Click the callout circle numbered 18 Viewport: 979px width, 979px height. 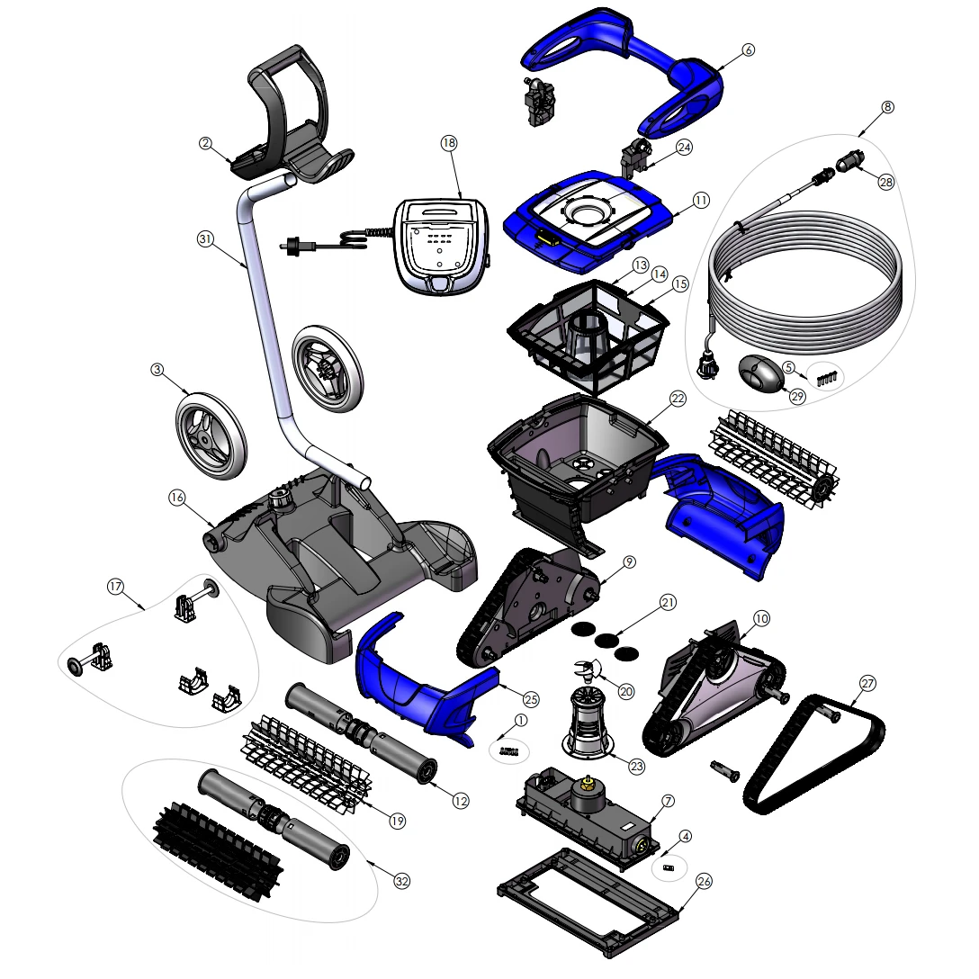pyautogui.click(x=449, y=143)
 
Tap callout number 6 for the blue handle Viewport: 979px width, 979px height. pyautogui.click(x=748, y=50)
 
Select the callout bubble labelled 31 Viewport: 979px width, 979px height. pyautogui.click(x=205, y=239)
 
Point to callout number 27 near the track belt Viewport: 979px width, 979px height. pyautogui.click(x=867, y=683)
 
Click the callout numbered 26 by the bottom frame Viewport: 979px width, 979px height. pyautogui.click(x=704, y=882)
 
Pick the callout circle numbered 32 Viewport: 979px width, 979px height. pyautogui.click(x=402, y=882)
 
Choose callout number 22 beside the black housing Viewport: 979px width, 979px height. pyautogui.click(x=678, y=399)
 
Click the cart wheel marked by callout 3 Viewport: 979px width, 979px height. pyautogui.click(x=211, y=436)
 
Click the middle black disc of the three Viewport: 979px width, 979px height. pyautogui.click(x=606, y=640)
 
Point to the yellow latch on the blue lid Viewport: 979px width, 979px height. pyautogui.click(x=547, y=238)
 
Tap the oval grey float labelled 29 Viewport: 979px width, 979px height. pyautogui.click(x=760, y=373)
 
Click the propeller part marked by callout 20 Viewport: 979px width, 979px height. pyautogui.click(x=588, y=669)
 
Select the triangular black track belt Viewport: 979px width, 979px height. pyautogui.click(x=813, y=754)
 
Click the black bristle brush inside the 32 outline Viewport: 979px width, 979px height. pyautogui.click(x=218, y=851)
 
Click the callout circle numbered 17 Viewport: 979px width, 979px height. pyautogui.click(x=115, y=587)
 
